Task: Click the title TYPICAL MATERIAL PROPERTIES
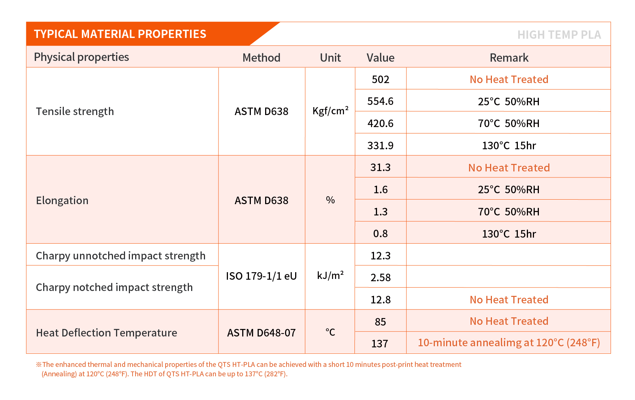coord(120,34)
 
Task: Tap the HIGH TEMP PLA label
coord(559,35)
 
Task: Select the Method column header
coord(261,58)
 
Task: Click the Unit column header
coord(330,58)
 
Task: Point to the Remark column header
coord(509,58)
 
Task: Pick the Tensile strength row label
coord(75,111)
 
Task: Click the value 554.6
coord(380,101)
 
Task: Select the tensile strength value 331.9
coord(380,145)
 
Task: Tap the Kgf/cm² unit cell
coord(330,111)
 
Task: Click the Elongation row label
coord(62,200)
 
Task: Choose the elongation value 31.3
coord(380,167)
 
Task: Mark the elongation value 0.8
coord(380,233)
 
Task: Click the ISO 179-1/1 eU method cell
coord(261,276)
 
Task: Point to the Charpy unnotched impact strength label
coord(121,256)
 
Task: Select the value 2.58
coord(380,277)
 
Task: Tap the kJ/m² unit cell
coord(330,276)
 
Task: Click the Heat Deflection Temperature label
coord(106,333)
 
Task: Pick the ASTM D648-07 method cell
coord(261,333)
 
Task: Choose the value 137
coord(380,344)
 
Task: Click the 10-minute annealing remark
coord(509,342)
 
